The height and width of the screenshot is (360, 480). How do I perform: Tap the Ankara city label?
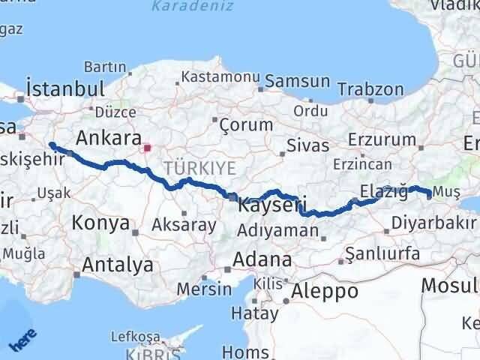(109, 138)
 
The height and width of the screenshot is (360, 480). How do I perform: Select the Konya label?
(101, 223)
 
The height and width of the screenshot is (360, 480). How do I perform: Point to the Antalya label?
(118, 264)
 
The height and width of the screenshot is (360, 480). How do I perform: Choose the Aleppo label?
(325, 291)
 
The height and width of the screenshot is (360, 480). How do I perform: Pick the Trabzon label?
(370, 88)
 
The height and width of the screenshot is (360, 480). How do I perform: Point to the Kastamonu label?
(220, 76)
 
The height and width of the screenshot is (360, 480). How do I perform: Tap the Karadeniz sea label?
(182, 6)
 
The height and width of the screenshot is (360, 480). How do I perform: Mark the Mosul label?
(450, 285)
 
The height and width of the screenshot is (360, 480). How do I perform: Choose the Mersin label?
(204, 288)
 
